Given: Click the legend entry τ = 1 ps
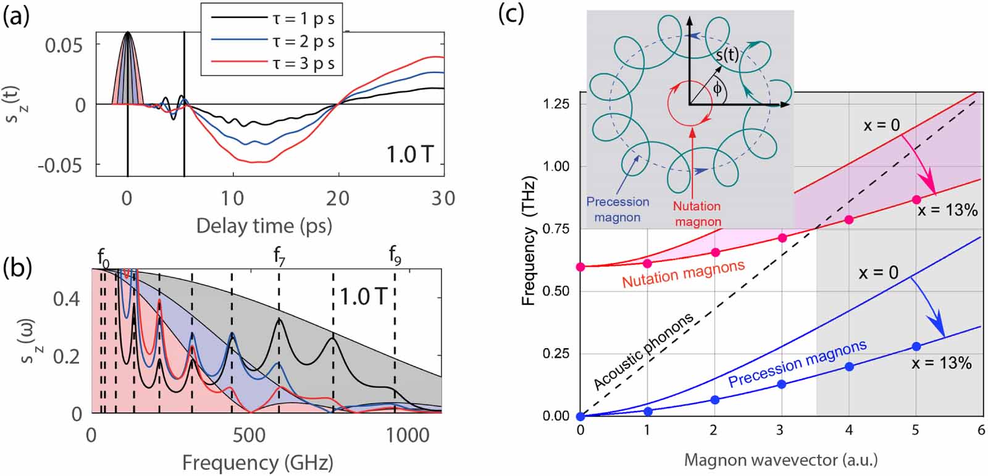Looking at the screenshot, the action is [x=272, y=19].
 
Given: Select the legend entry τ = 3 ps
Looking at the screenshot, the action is [x=272, y=64].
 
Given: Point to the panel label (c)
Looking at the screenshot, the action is [x=512, y=14].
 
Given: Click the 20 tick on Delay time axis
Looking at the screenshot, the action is [x=338, y=199].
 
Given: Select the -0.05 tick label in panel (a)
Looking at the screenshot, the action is [x=60, y=165].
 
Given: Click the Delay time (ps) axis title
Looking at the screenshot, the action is [x=264, y=226].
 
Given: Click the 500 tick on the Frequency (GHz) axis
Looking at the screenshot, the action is [x=249, y=435].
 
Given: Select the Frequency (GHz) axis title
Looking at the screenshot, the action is [x=257, y=463].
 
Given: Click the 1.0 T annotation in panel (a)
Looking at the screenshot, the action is [x=410, y=154].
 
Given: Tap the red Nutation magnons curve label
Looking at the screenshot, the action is [x=684, y=273].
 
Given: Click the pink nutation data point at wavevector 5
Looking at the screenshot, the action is [x=916, y=199].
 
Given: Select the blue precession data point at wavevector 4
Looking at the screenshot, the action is [x=849, y=366].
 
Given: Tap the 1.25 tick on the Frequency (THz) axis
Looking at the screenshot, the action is [x=557, y=104].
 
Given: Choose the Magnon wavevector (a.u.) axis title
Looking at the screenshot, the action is [x=781, y=460].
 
